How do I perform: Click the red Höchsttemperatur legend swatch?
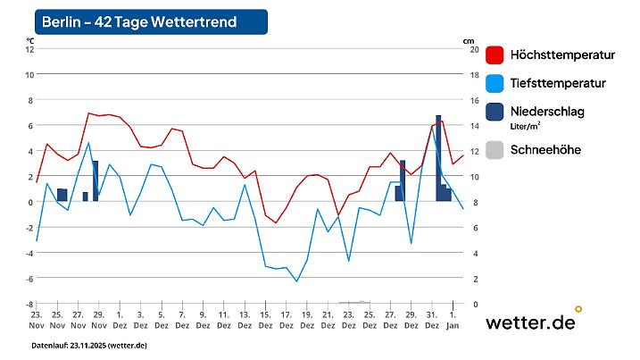495,55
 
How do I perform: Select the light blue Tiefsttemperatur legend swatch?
495,83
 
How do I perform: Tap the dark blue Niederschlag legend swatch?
495,112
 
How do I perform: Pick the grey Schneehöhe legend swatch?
495,150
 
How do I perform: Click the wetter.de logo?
531,322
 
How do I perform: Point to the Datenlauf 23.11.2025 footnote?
89,345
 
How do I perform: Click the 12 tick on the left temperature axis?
29,49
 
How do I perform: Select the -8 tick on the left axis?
29,304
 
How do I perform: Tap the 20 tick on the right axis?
475,49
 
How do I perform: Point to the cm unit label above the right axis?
469,40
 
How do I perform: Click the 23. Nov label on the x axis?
37,320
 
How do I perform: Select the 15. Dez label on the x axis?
265,320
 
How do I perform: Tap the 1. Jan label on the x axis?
453,320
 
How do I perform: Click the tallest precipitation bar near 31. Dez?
438,156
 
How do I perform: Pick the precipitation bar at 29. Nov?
96,180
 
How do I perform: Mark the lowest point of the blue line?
297,281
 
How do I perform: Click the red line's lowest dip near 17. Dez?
276,222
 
